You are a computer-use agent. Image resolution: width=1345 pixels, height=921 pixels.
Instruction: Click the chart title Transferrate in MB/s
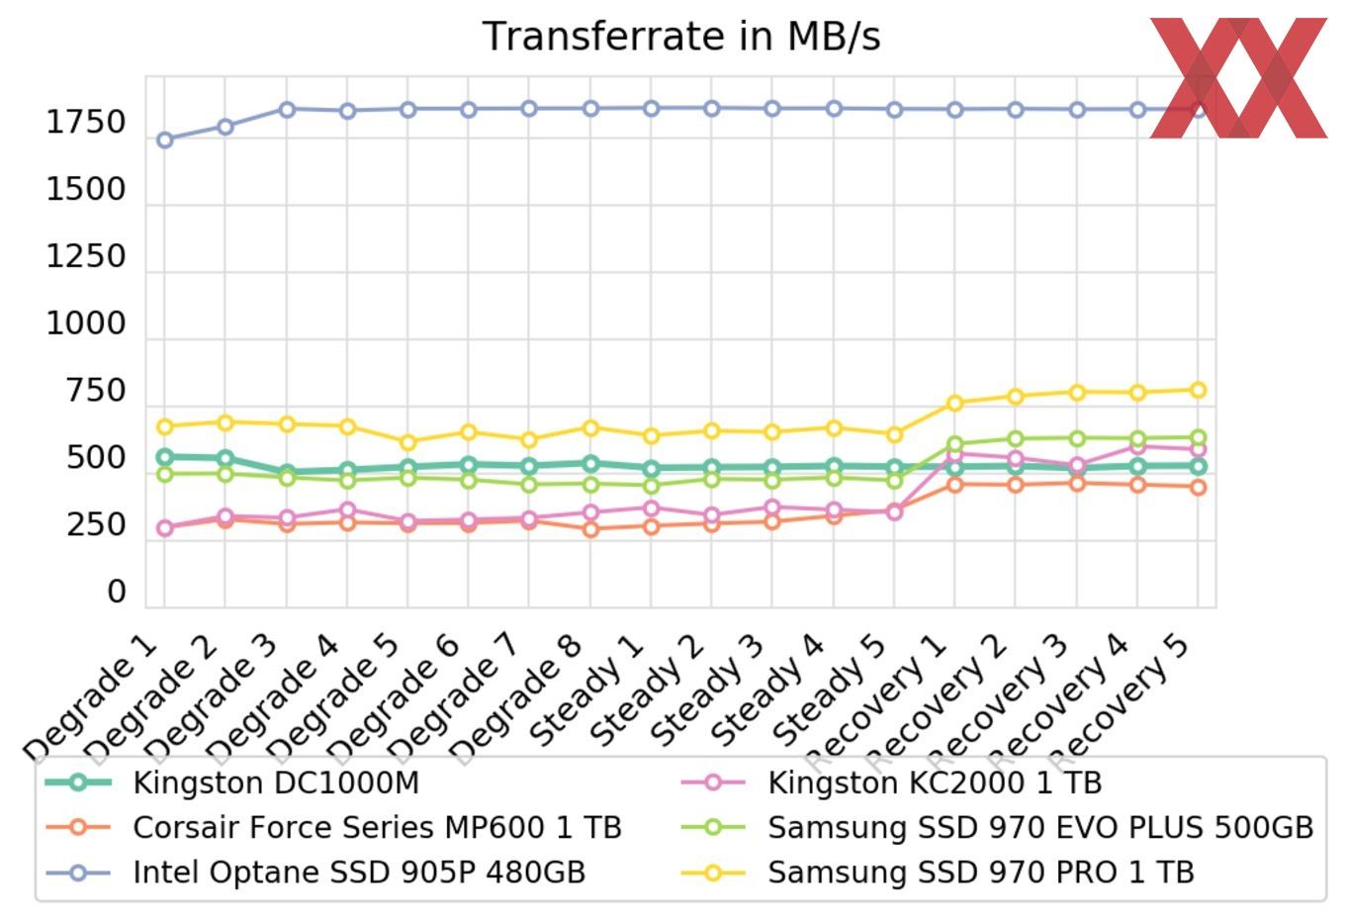[x=681, y=37]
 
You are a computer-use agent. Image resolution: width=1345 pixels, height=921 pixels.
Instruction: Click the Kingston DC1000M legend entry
[x=276, y=783]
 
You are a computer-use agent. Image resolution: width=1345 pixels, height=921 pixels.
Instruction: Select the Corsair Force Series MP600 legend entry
[x=377, y=827]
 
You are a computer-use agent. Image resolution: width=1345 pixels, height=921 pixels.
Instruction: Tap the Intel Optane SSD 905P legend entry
[x=359, y=873]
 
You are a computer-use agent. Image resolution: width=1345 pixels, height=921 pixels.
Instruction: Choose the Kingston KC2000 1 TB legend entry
[x=935, y=783]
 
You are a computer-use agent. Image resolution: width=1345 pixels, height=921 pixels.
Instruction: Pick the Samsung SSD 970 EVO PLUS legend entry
[x=1040, y=827]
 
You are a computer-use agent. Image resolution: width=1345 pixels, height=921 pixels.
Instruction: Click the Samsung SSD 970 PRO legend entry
[x=981, y=873]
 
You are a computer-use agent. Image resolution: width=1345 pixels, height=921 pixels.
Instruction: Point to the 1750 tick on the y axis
[x=87, y=123]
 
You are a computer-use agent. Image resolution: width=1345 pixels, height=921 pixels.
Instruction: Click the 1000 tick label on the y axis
[x=87, y=323]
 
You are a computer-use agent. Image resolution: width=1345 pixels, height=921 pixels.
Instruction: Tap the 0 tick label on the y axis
[x=117, y=592]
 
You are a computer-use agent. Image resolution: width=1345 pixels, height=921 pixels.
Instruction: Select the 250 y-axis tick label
[x=96, y=524]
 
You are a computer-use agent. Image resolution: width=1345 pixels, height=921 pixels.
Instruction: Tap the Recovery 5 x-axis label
[x=1124, y=701]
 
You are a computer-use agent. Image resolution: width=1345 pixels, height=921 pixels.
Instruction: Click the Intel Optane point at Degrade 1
[x=164, y=140]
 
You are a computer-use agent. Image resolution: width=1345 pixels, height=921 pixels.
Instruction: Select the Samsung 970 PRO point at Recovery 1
[x=954, y=404]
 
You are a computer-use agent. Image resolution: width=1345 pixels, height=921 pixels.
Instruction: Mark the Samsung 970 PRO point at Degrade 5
[x=407, y=442]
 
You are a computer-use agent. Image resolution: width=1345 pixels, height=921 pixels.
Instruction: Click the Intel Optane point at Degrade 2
[x=225, y=127]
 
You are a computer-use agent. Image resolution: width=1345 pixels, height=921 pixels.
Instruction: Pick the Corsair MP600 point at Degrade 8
[x=590, y=529]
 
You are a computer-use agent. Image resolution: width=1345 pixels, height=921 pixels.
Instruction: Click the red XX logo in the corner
[x=1238, y=77]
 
